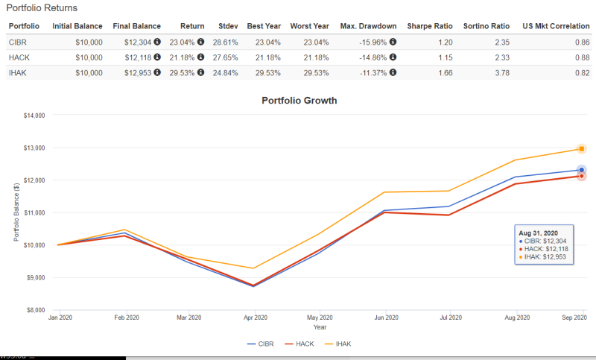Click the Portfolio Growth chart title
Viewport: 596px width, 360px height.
point(299,101)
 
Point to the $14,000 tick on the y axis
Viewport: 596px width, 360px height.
point(34,116)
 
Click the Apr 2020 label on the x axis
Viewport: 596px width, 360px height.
point(255,318)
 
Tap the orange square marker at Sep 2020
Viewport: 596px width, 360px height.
point(581,148)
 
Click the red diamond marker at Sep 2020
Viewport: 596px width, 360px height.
point(581,176)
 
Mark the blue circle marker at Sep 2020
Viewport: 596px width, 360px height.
point(581,170)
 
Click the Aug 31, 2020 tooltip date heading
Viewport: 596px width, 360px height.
point(539,233)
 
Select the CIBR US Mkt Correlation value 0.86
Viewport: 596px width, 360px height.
point(583,42)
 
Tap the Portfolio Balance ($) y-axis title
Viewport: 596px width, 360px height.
point(16,212)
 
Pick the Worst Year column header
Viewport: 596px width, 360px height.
point(310,26)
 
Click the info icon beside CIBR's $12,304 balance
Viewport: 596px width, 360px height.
point(156,42)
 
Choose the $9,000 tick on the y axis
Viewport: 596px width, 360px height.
point(35,277)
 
